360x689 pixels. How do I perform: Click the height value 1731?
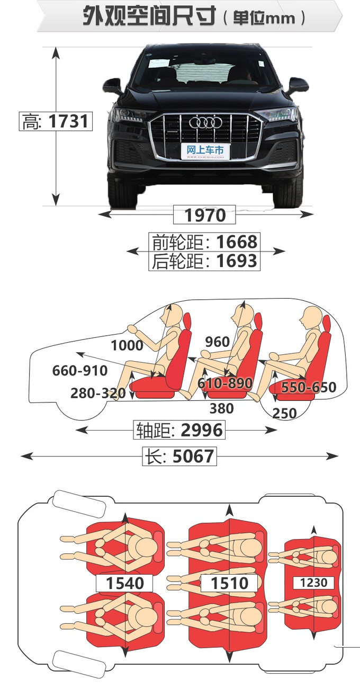tap(68, 121)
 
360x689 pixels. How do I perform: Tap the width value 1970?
tap(205, 216)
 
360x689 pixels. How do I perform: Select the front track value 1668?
tap(237, 242)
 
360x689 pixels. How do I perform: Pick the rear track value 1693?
tap(237, 261)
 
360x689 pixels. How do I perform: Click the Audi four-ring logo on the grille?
tap(205, 123)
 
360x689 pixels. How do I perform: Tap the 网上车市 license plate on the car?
tap(205, 151)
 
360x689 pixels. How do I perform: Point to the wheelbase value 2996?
tap(202, 430)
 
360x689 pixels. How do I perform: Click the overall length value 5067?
tap(193, 456)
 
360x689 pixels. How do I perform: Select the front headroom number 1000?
tap(127, 345)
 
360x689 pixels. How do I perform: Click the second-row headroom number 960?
tap(218, 342)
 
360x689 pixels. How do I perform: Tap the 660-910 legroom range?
tap(80, 371)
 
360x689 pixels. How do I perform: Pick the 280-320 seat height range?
tap(98, 393)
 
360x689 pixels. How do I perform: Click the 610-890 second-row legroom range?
tap(224, 383)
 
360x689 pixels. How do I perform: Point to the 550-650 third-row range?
tap(309, 387)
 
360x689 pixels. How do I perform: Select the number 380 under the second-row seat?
tap(222, 409)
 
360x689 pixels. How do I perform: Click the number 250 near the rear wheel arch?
tap(285, 414)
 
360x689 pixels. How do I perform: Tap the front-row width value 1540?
tap(125, 583)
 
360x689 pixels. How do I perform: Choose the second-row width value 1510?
tap(229, 583)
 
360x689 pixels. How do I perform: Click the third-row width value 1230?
tap(313, 583)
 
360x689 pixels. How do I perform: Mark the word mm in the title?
tap(280, 19)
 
